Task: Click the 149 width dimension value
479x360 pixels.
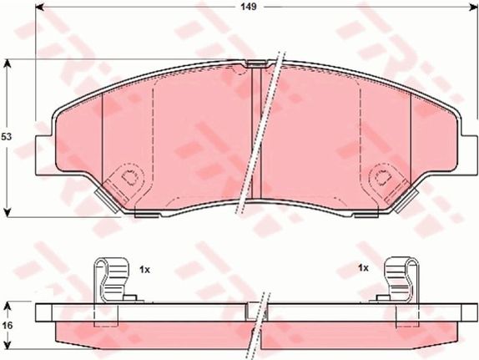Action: [249, 7]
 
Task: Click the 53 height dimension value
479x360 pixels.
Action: [6, 137]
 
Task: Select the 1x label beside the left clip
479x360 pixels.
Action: [144, 270]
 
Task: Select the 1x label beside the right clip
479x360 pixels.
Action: [364, 268]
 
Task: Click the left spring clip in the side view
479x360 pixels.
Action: [112, 281]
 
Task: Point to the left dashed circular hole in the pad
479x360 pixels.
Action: [129, 177]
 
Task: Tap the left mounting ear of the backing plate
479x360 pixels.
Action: [45, 155]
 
